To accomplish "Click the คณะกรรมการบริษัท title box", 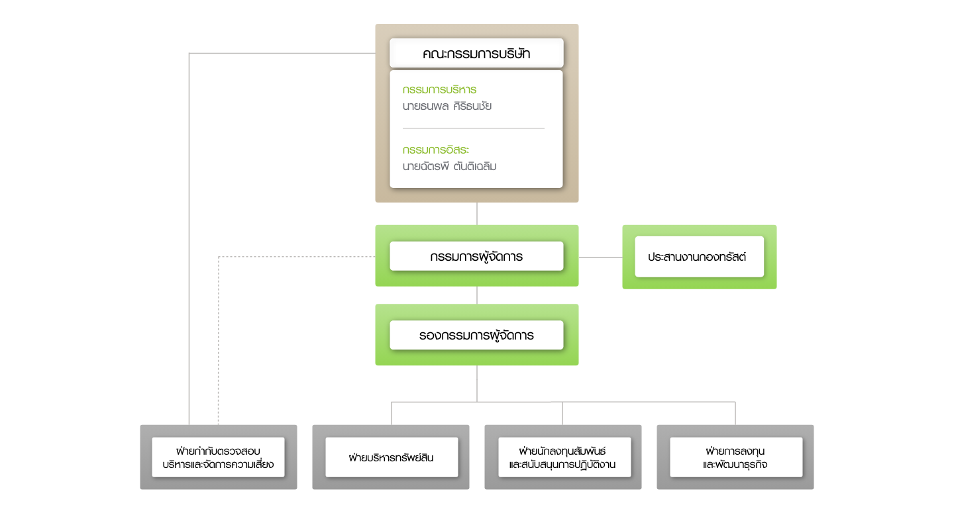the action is pyautogui.click(x=476, y=53).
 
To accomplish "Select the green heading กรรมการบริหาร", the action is pyautogui.click(x=439, y=90).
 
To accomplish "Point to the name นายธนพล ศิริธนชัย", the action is pyautogui.click(x=447, y=106).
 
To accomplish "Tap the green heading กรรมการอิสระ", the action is pyautogui.click(x=435, y=150).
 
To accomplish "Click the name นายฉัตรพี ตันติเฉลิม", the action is pyautogui.click(x=449, y=166).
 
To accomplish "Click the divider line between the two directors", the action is pyautogui.click(x=474, y=128).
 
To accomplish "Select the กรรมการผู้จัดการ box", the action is pyautogui.click(x=476, y=256).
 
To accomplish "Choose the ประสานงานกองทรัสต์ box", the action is pyautogui.click(x=700, y=257).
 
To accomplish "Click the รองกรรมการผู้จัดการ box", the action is pyautogui.click(x=476, y=335).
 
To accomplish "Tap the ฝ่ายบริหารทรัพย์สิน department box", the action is pyautogui.click(x=392, y=457).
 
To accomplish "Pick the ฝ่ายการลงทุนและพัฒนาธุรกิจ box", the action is pyautogui.click(x=736, y=457).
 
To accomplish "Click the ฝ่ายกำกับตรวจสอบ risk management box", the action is pyautogui.click(x=218, y=457).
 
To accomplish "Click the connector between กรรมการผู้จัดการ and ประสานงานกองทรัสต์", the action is pyautogui.click(x=600, y=257).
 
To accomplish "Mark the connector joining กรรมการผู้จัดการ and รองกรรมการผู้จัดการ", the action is pyautogui.click(x=477, y=295).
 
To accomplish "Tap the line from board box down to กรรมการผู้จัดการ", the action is pyautogui.click(x=477, y=214).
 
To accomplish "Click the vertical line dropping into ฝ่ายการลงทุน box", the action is pyautogui.click(x=735, y=413).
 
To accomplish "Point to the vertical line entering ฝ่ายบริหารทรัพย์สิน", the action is pyautogui.click(x=392, y=413).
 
